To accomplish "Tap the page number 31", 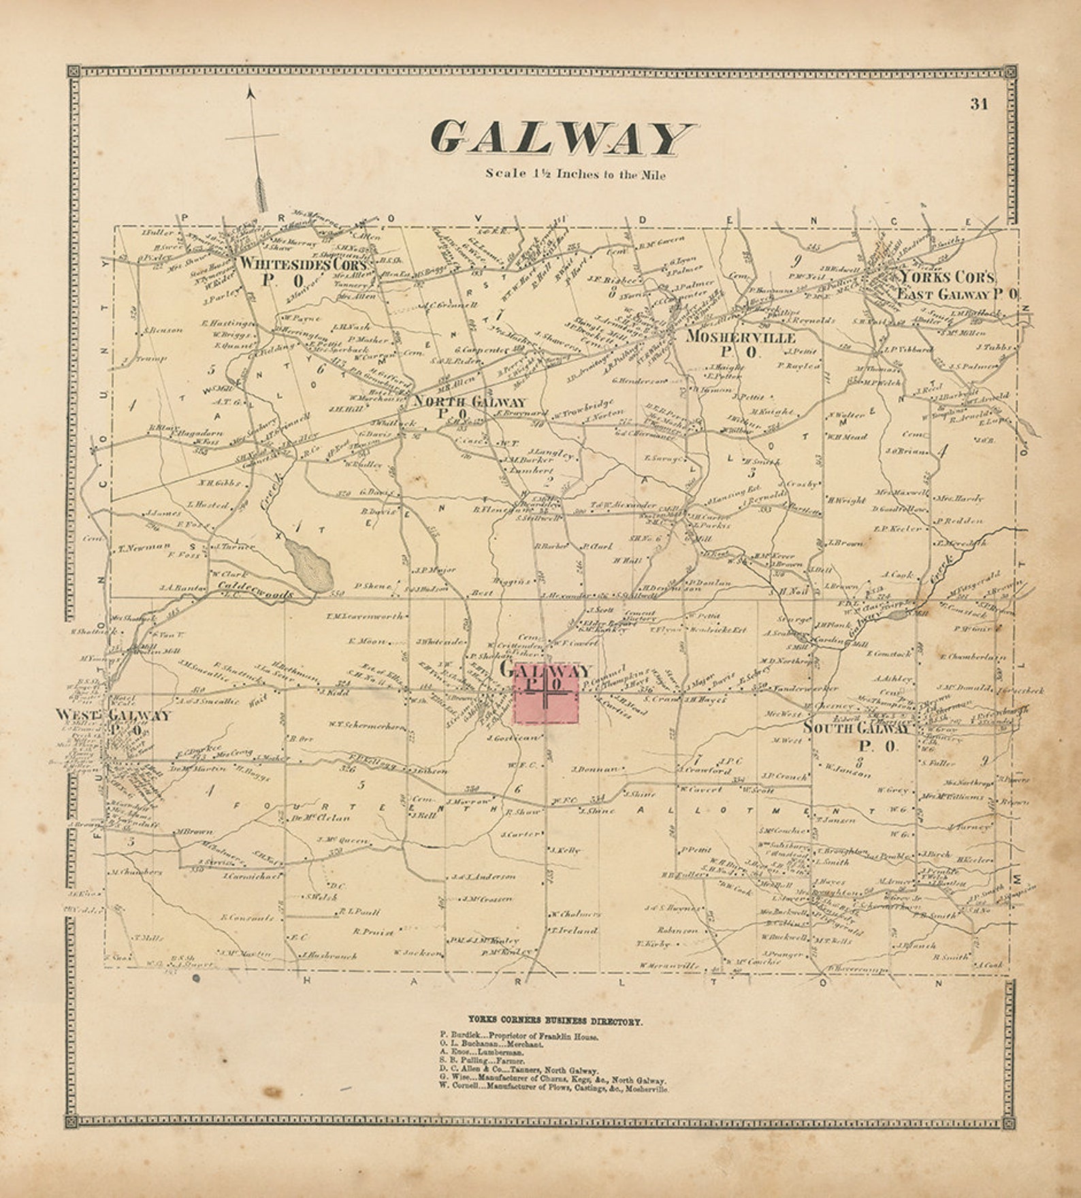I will [x=980, y=104].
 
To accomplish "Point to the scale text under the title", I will [x=575, y=174].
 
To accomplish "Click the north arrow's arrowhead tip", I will [x=251, y=91].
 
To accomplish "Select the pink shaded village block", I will [x=547, y=693].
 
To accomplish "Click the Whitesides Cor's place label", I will [x=304, y=263].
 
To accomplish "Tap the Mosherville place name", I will [x=741, y=336].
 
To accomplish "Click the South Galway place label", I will [x=856, y=728].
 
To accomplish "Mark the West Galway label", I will [x=114, y=715].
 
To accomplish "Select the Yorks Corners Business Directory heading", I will [x=555, y=1021].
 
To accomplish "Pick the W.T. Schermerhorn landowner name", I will [x=366, y=726].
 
